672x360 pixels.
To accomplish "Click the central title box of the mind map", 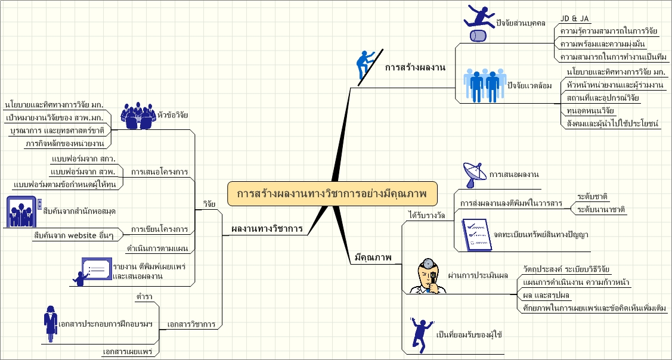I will pyautogui.click(x=333, y=194).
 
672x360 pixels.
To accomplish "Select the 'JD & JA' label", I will pyautogui.click(x=575, y=18).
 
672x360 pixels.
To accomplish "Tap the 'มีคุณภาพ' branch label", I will pyautogui.click(x=373, y=257).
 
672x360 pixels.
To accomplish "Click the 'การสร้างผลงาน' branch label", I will pyautogui.click(x=415, y=67).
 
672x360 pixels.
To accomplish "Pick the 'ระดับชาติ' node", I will pyautogui.click(x=592, y=196).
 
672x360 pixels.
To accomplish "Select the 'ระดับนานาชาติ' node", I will pyautogui.click(x=601, y=209).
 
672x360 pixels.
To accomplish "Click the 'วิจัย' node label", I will pyautogui.click(x=209, y=203).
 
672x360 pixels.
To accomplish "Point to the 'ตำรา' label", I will pyautogui.click(x=143, y=296).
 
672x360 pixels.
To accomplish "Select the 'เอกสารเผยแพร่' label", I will pyautogui.click(x=128, y=352).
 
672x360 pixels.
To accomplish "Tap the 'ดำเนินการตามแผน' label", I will pyautogui.click(x=157, y=247).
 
